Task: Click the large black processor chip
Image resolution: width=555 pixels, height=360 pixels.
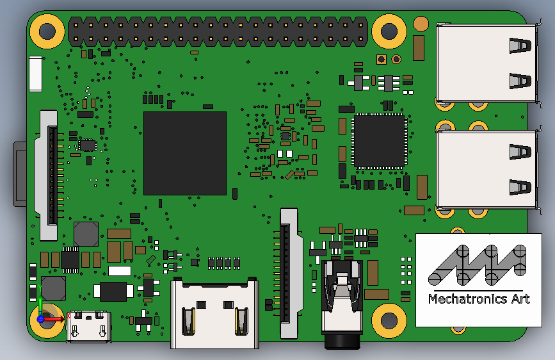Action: pos(184,153)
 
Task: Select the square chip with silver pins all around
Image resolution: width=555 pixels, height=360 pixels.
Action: pos(379,141)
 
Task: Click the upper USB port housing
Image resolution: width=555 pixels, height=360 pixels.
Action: pos(487,63)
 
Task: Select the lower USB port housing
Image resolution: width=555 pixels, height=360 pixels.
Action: pos(487,170)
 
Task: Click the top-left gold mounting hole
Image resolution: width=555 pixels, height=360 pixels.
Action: pos(47,30)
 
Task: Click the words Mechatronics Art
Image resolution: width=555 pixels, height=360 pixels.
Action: pos(479,299)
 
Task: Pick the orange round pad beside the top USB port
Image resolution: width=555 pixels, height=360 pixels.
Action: pos(421,24)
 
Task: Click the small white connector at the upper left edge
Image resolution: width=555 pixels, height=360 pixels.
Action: pos(35,72)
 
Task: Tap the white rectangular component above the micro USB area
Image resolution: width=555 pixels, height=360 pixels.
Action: pos(120,271)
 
